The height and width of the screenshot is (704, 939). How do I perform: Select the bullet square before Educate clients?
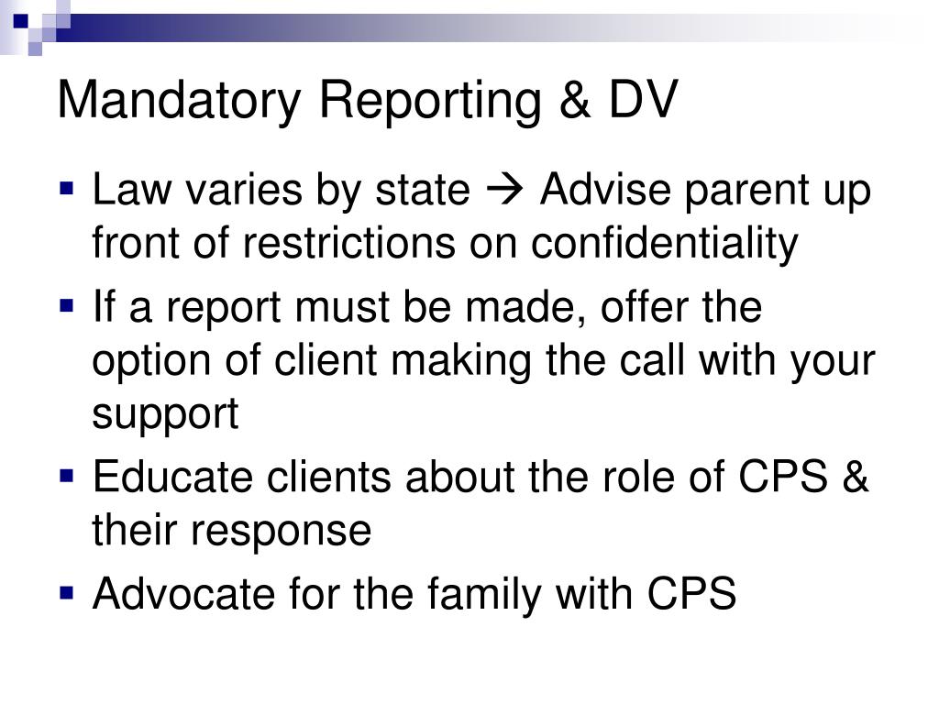tap(66, 477)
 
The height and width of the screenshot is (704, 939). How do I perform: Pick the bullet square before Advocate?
tap(66, 593)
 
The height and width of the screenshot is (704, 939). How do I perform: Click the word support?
tap(165, 414)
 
